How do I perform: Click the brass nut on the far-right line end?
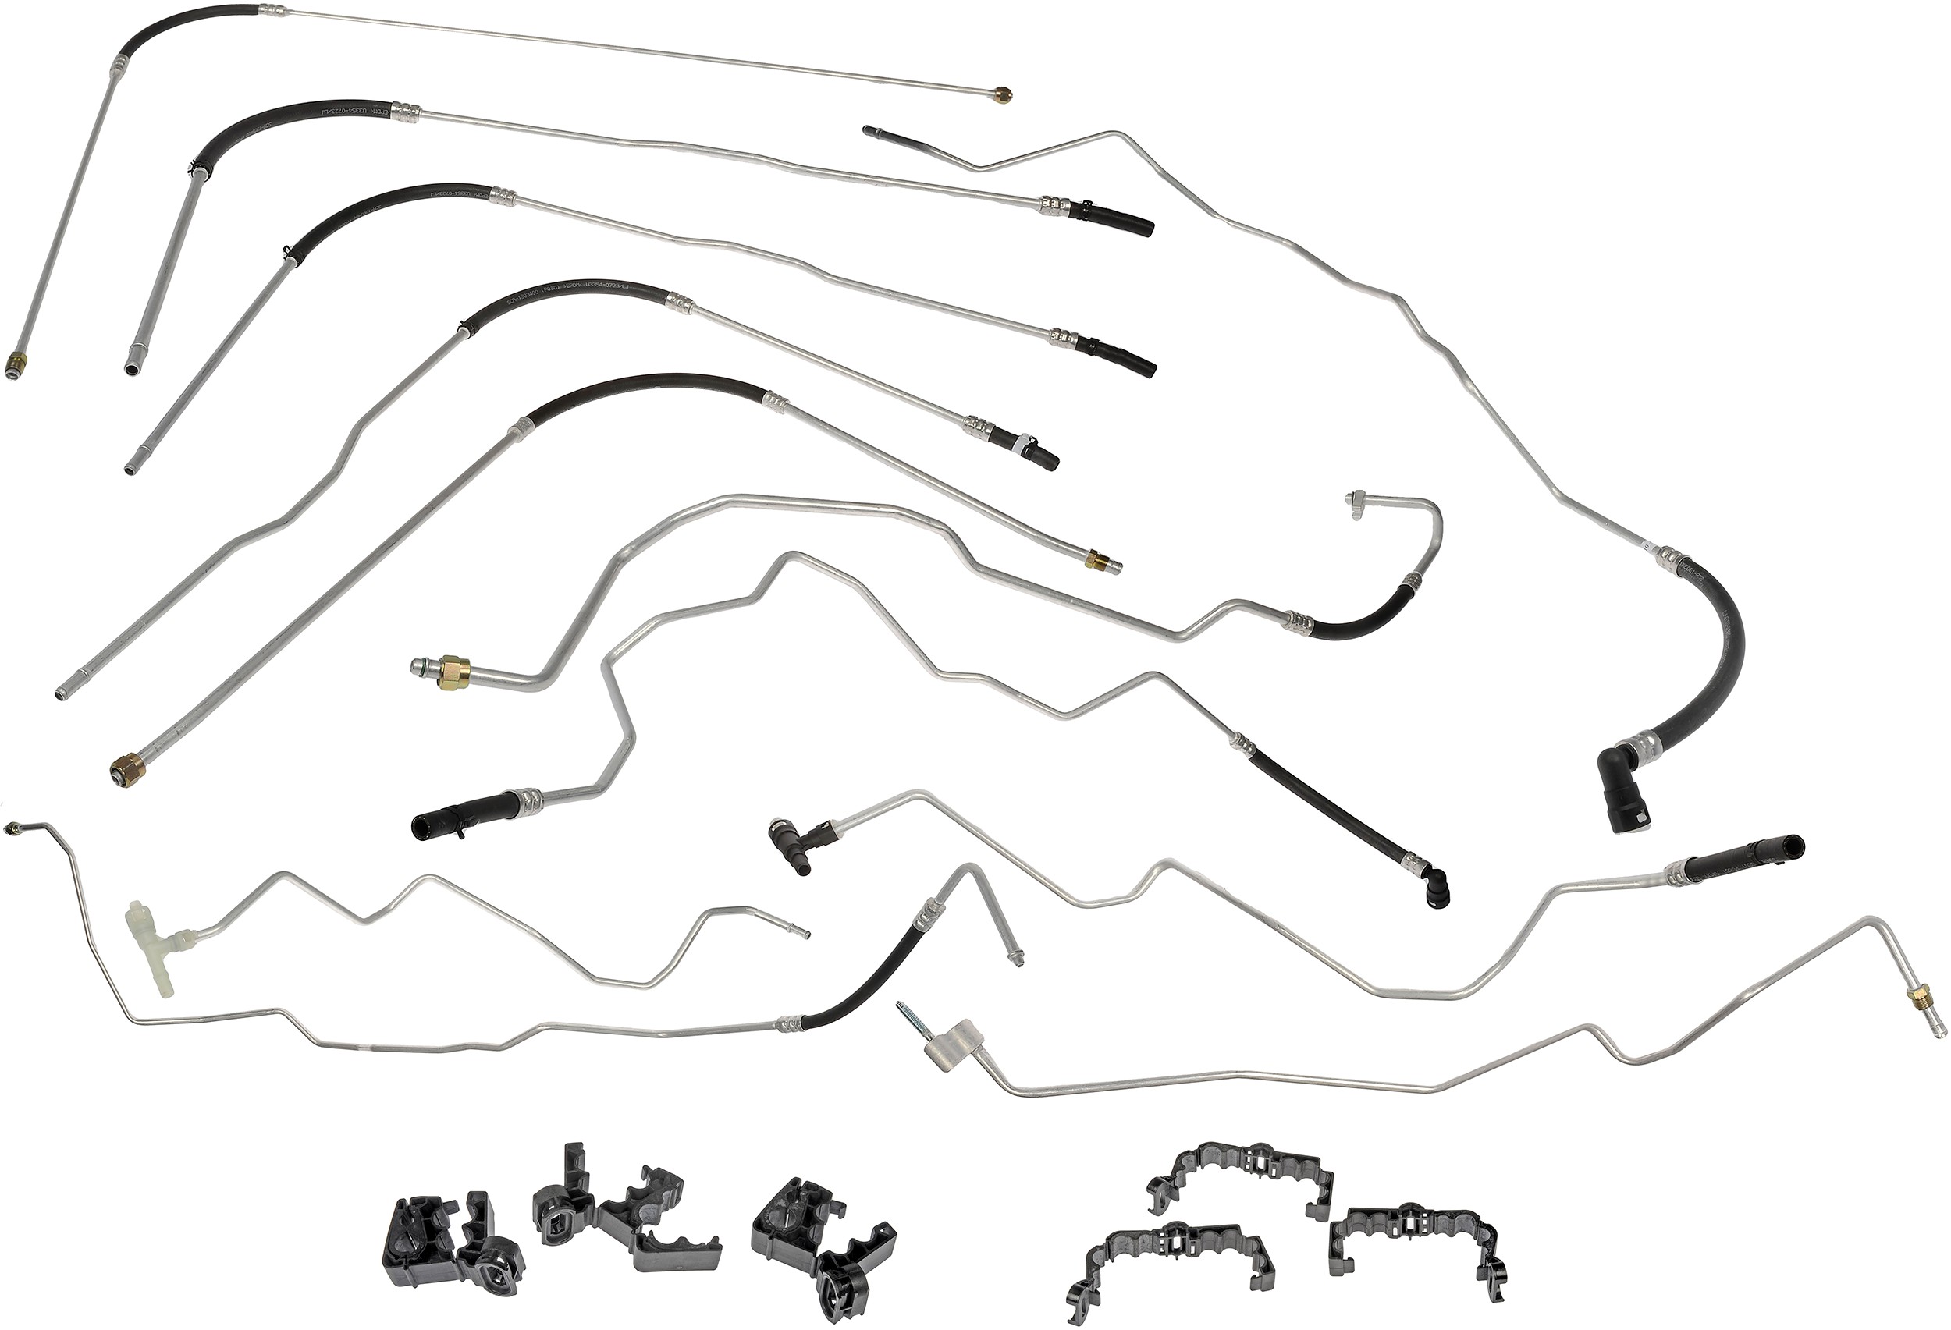pos(1916,1020)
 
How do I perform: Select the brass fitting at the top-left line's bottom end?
pos(15,364)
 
